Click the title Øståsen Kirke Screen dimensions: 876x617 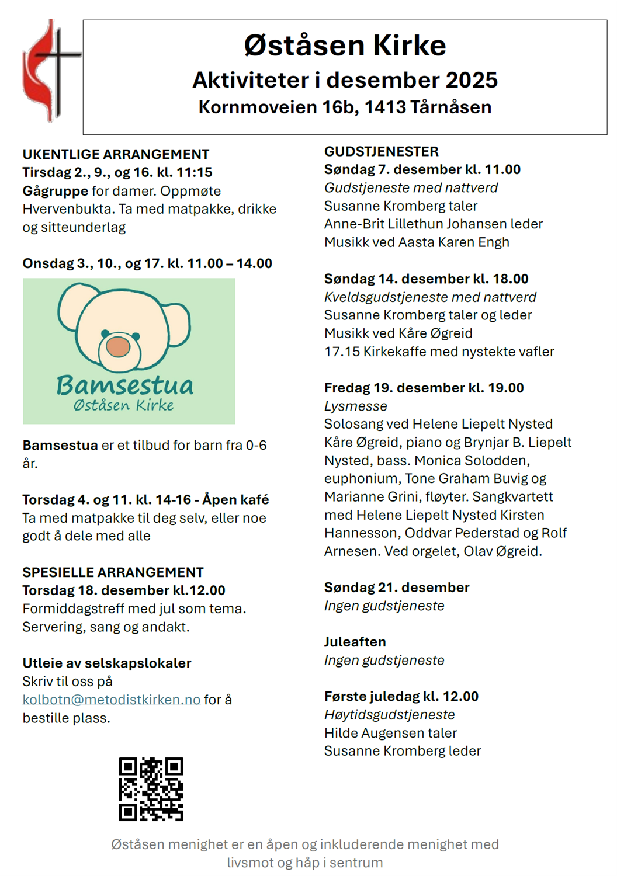(x=345, y=46)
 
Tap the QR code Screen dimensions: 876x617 (x=151, y=789)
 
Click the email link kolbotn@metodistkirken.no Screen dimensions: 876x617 (x=111, y=700)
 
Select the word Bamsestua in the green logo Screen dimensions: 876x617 (x=124, y=385)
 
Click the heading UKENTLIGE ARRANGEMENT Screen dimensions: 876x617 (x=116, y=154)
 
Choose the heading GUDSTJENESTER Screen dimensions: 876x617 (x=381, y=151)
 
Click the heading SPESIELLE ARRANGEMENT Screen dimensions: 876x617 (x=113, y=572)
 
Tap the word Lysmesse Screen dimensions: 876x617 (x=355, y=406)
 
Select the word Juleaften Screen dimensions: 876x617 (x=355, y=642)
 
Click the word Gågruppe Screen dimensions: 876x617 (x=56, y=191)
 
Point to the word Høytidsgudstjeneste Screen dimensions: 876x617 (x=389, y=715)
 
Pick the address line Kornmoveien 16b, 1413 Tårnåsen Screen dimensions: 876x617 (x=345, y=107)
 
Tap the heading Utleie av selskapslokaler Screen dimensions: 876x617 (x=107, y=663)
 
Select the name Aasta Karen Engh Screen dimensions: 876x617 (x=454, y=242)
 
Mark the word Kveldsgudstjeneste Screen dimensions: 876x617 (x=382, y=297)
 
